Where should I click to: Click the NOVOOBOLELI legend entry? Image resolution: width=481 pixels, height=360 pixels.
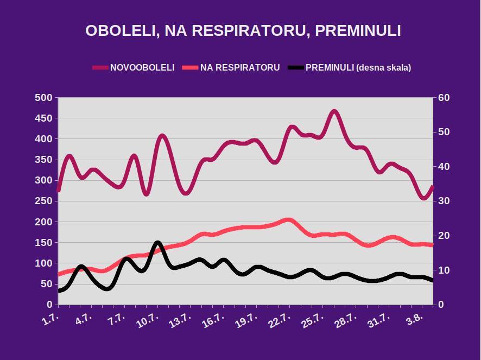pos(142,68)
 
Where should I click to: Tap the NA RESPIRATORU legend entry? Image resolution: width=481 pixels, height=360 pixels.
pos(240,68)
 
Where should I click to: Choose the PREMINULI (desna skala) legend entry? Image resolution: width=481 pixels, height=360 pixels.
pos(358,68)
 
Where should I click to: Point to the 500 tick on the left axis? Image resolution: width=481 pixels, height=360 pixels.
pos(43,98)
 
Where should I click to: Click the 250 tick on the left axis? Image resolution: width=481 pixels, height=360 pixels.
pos(43,201)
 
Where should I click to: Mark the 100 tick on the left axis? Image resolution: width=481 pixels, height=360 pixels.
pos(43,263)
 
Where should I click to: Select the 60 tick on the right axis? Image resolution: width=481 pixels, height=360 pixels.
pos(445,98)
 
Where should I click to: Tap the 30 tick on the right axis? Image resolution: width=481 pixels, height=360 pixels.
pos(445,201)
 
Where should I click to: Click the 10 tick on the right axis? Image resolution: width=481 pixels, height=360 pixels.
pos(445,270)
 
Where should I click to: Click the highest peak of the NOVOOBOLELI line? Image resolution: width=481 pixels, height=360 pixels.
pos(334,112)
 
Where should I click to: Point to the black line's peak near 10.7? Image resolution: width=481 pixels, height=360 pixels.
pos(157,243)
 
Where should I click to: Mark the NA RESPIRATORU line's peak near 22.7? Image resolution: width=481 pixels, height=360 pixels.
pos(288,220)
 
